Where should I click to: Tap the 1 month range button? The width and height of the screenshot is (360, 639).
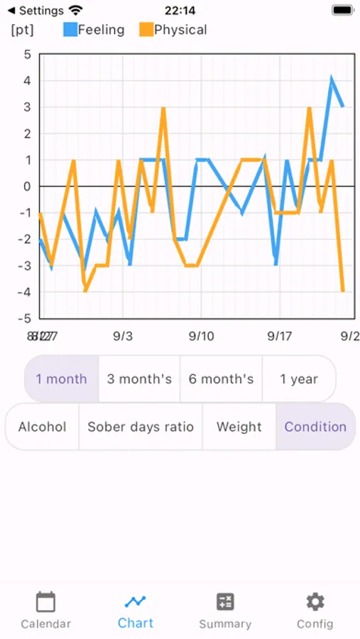pos(62,378)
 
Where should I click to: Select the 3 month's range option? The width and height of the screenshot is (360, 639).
pos(139,378)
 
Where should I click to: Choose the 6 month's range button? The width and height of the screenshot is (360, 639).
pos(221,378)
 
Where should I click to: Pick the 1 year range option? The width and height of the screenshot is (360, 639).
pos(299,378)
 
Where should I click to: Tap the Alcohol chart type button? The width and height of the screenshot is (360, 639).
pos(42,427)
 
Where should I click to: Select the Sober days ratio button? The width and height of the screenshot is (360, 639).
pos(141,427)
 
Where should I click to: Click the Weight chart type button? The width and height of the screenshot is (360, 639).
pos(239,427)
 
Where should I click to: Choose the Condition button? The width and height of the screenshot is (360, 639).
pos(315,427)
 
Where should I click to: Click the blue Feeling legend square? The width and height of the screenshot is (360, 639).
pos(70,30)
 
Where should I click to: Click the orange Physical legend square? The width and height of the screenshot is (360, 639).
pos(146,30)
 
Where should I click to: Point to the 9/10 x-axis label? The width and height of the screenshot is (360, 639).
pos(202,335)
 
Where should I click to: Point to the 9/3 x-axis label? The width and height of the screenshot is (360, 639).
pos(123,335)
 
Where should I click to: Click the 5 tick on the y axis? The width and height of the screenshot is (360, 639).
pos(28,55)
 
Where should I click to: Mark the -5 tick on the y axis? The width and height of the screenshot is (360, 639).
pos(26,318)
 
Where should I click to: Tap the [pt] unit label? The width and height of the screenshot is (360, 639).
pos(22,30)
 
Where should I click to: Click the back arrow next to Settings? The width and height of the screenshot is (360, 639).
pos(11,11)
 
